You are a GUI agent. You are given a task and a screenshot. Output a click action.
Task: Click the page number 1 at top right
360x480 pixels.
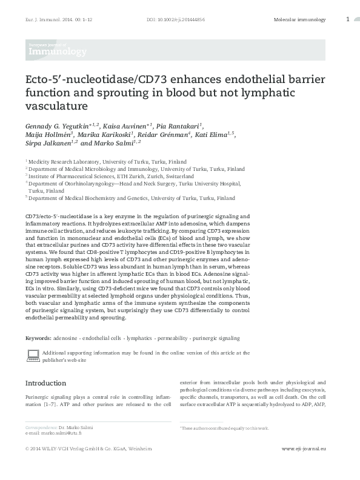point(347,19)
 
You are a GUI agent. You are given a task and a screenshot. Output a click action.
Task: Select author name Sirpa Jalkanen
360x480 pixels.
point(47,144)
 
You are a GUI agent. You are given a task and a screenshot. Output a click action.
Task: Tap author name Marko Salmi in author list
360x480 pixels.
point(116,144)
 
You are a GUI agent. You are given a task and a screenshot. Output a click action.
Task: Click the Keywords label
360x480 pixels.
point(38,338)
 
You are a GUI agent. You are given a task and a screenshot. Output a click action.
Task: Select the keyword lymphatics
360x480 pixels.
point(139,338)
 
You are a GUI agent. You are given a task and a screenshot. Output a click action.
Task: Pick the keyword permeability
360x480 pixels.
point(173,338)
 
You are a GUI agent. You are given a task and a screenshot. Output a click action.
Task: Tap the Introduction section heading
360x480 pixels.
point(45,383)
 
